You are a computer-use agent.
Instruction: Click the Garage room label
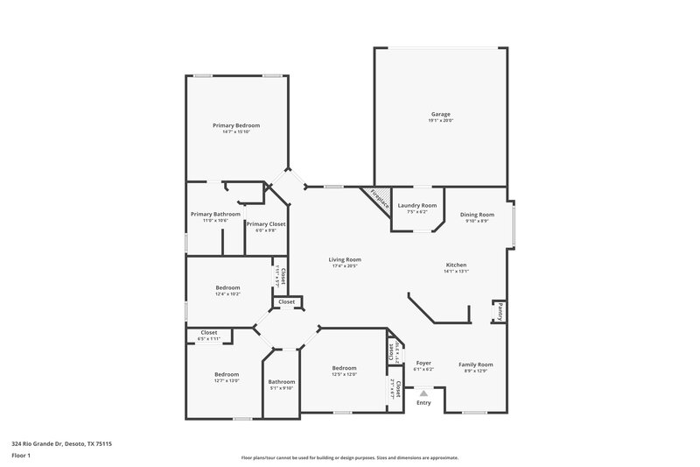tap(440, 114)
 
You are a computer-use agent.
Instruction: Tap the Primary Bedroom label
tap(236, 125)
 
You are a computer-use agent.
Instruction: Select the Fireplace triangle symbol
tap(377, 196)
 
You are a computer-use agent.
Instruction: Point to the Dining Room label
tap(478, 214)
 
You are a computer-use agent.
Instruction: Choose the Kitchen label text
tap(456, 265)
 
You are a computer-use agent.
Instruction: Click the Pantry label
tap(500, 310)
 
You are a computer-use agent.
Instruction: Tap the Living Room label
tap(345, 259)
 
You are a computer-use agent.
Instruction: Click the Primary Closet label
tap(265, 223)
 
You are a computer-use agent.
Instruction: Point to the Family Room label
tap(476, 364)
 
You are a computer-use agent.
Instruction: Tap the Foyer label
tap(423, 363)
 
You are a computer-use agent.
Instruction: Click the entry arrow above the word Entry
tap(423, 393)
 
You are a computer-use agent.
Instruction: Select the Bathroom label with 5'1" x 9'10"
tap(282, 381)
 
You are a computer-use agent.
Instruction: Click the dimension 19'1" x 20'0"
tap(440, 120)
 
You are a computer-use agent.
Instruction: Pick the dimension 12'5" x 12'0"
tap(344, 374)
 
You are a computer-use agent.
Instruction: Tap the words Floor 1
tap(21, 456)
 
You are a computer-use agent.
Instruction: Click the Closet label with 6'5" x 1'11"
tap(209, 332)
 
